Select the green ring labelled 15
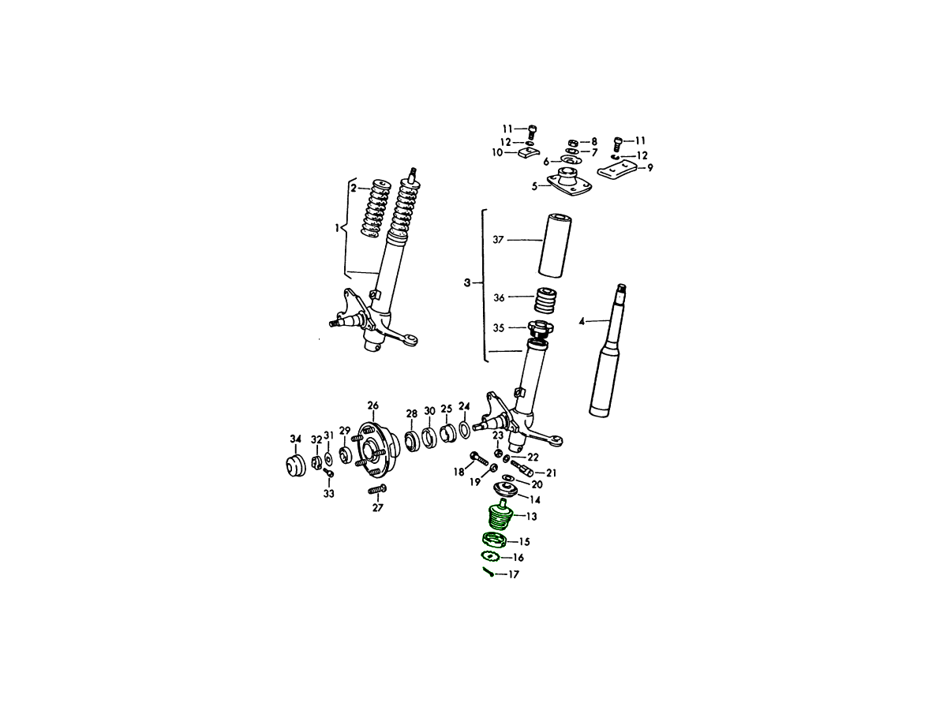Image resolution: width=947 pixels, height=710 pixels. tap(493, 540)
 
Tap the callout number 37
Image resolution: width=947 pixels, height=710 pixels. tap(498, 240)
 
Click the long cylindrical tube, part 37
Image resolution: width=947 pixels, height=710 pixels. tap(556, 245)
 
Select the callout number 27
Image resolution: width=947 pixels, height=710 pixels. tap(378, 508)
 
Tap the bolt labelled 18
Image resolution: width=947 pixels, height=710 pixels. tap(479, 458)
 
